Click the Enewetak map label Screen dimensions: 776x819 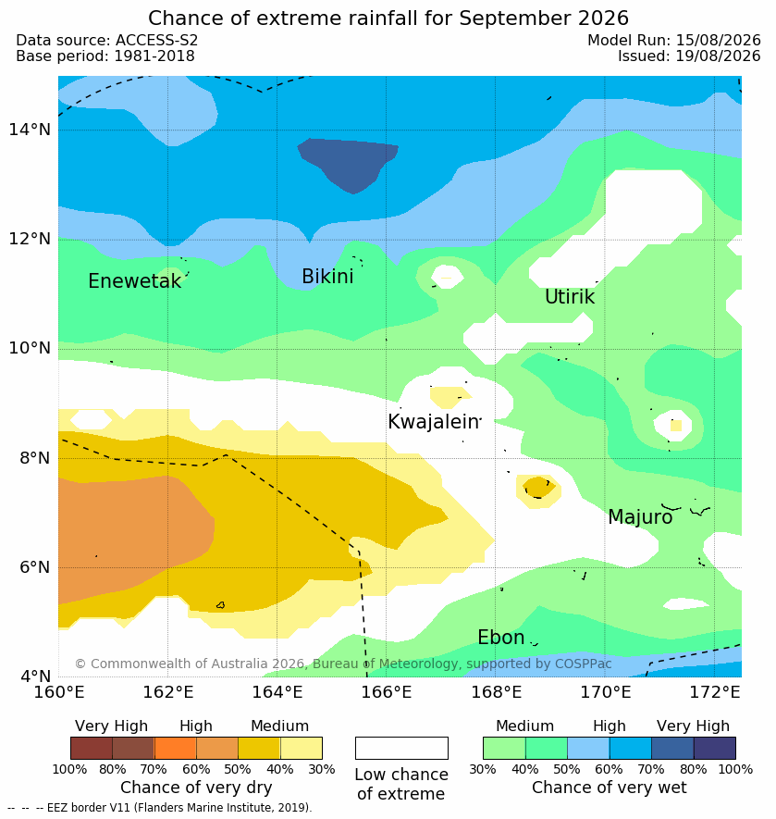tap(135, 281)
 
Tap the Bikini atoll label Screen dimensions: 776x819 tap(327, 277)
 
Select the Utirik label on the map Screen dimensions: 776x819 tap(570, 297)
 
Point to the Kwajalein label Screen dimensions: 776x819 tap(434, 421)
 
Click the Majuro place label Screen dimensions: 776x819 tap(640, 516)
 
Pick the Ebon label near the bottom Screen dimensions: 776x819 tap(500, 638)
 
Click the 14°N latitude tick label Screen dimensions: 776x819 tap(30, 129)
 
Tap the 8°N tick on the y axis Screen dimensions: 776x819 tap(35, 458)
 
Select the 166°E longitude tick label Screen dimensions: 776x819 tap(387, 692)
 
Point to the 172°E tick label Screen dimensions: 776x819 tap(715, 692)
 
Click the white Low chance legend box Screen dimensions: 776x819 tap(401, 748)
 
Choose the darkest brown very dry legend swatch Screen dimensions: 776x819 tap(92, 748)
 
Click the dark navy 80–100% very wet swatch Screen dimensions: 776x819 tap(714, 748)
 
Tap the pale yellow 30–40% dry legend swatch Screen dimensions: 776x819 tap(302, 748)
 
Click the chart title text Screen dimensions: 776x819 tap(388, 18)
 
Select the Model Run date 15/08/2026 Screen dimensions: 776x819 tap(719, 40)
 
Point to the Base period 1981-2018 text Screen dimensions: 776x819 tap(105, 56)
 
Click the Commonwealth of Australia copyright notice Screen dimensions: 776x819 tap(343, 664)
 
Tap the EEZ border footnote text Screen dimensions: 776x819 tap(160, 808)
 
